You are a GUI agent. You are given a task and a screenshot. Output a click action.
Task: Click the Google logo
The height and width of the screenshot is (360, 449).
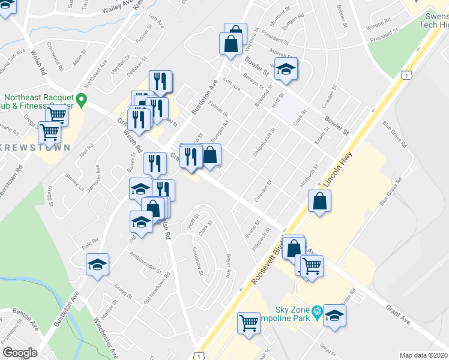click(20, 353)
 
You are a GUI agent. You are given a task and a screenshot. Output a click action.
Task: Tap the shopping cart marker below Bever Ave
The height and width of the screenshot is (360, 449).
click(249, 323)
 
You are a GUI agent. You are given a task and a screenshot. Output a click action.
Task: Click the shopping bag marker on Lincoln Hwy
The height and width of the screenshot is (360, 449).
click(319, 202)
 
